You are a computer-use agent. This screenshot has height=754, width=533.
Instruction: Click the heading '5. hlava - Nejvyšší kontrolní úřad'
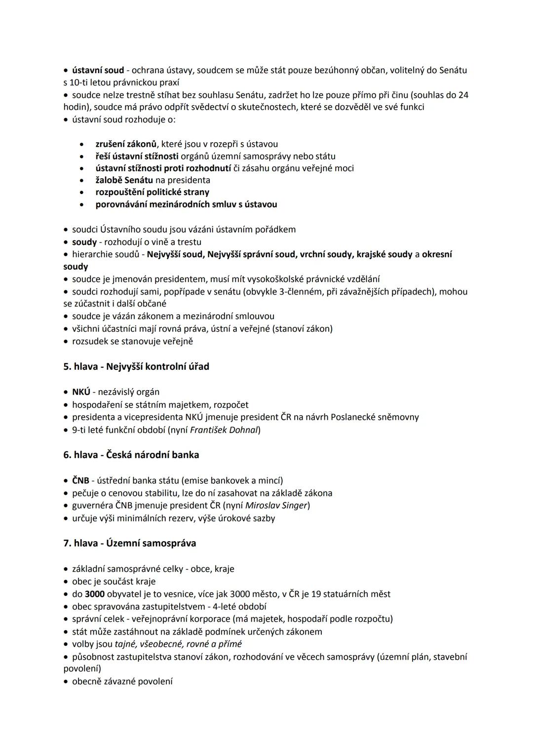pyautogui.click(x=136, y=366)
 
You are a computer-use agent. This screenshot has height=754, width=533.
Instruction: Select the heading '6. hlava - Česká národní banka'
pyautogui.click(x=131, y=454)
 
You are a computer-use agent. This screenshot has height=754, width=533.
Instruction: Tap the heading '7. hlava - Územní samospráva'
pyautogui.click(x=130, y=543)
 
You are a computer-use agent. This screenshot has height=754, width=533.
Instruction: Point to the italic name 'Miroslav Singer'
pyautogui.click(x=276, y=505)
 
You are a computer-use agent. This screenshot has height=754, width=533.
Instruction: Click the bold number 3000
pyautogui.click(x=95, y=594)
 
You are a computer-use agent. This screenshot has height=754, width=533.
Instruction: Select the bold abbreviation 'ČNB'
pyautogui.click(x=80, y=480)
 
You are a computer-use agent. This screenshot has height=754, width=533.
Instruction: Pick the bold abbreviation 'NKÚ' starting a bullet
pyautogui.click(x=81, y=392)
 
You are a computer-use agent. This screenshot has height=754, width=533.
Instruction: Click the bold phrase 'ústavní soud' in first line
pyautogui.click(x=98, y=70)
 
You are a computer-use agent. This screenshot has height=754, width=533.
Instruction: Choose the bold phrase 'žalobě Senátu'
pyautogui.click(x=124, y=180)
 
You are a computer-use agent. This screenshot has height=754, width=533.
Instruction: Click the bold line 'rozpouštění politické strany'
pyautogui.click(x=152, y=192)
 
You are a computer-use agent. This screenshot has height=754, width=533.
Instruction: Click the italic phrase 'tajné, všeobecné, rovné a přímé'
pyautogui.click(x=178, y=644)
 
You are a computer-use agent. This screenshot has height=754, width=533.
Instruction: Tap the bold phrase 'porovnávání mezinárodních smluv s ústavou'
pyautogui.click(x=186, y=204)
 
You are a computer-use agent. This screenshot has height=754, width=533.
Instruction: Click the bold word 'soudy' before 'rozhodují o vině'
pyautogui.click(x=84, y=242)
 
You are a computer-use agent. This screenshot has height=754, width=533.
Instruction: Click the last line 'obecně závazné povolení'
pyautogui.click(x=122, y=681)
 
